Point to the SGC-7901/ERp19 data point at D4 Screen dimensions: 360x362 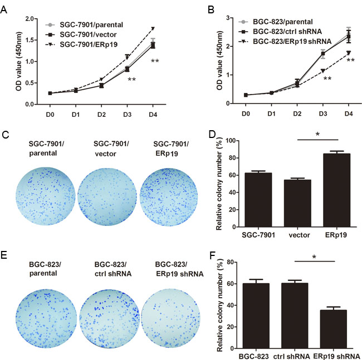pyautogui.click(x=153, y=28)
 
